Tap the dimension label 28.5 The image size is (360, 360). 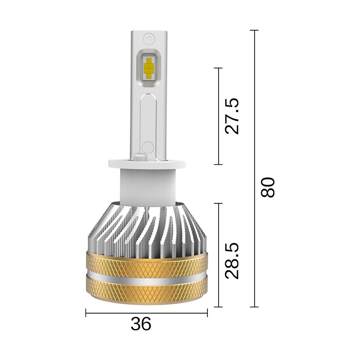(x=234, y=261)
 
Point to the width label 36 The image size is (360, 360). (x=141, y=324)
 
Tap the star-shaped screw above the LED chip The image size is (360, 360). (x=148, y=37)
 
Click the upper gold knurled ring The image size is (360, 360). (x=146, y=263)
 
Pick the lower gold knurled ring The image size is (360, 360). (x=146, y=290)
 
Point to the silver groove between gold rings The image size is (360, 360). (x=146, y=276)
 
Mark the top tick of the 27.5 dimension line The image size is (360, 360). (x=218, y=68)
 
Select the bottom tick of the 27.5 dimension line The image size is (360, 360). (x=218, y=164)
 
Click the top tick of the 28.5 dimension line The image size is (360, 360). (x=218, y=203)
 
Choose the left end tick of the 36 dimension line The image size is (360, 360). (x=85, y=312)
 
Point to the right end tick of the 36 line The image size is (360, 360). (x=207, y=312)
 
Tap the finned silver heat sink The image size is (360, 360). (x=146, y=229)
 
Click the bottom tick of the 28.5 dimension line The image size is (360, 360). (x=218, y=307)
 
